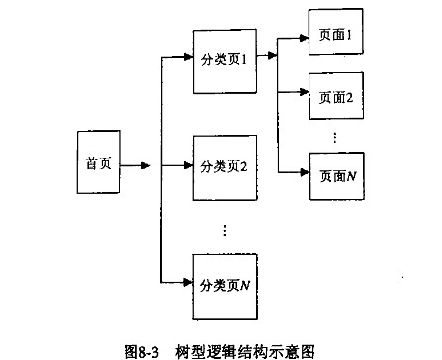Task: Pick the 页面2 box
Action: pos(336,98)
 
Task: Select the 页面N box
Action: pos(336,175)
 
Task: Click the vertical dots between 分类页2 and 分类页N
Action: pos(225,229)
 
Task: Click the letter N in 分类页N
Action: pos(245,286)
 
